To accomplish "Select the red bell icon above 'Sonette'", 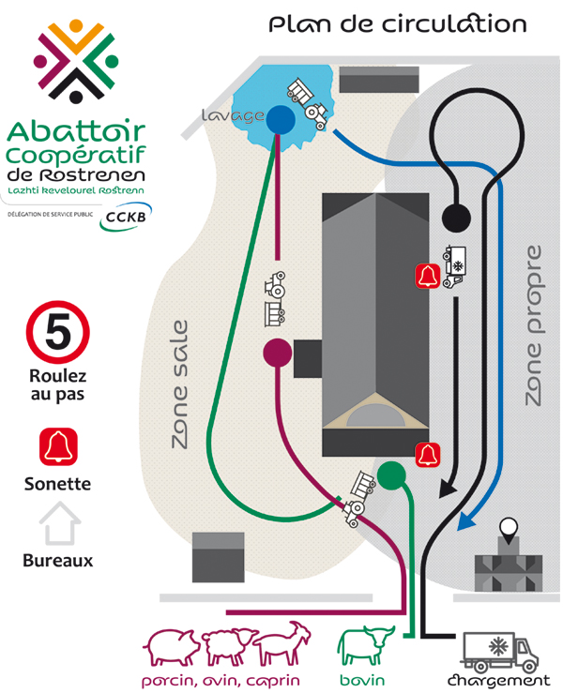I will pyautogui.click(x=57, y=446).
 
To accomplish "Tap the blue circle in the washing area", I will pyautogui.click(x=280, y=120).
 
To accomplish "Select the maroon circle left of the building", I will pyautogui.click(x=278, y=352).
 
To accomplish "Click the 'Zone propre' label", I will pyautogui.click(x=533, y=324).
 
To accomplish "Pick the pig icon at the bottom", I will pyautogui.click(x=172, y=647).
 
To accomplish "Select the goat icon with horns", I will pyautogui.click(x=282, y=644).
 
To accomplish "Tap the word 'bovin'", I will pyautogui.click(x=361, y=680).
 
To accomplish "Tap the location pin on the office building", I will pyautogui.click(x=510, y=532).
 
